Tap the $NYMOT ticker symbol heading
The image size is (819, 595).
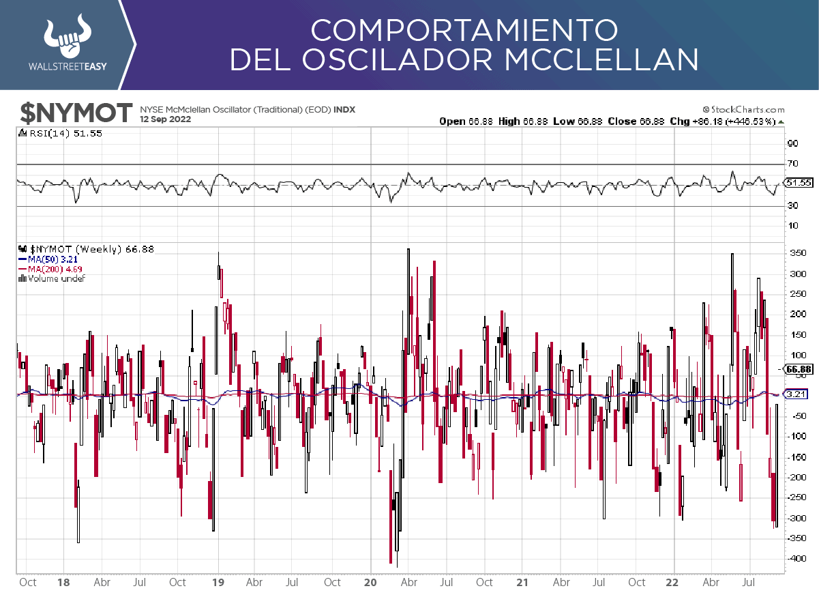pyautogui.click(x=75, y=113)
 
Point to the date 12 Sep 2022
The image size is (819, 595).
pyautogui.click(x=166, y=119)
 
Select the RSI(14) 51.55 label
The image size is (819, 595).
pyautogui.click(x=65, y=134)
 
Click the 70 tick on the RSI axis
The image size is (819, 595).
pyautogui.click(x=792, y=164)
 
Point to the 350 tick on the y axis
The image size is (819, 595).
pyautogui.click(x=797, y=253)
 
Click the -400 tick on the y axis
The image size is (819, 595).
pyautogui.click(x=796, y=559)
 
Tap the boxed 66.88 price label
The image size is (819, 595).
pyautogui.click(x=797, y=369)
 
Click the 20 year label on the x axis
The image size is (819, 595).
pyautogui.click(x=370, y=583)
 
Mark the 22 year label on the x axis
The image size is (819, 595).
pyautogui.click(x=673, y=583)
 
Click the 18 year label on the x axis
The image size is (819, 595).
pyautogui.click(x=63, y=583)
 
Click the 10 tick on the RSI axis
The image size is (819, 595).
pyautogui.click(x=792, y=226)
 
